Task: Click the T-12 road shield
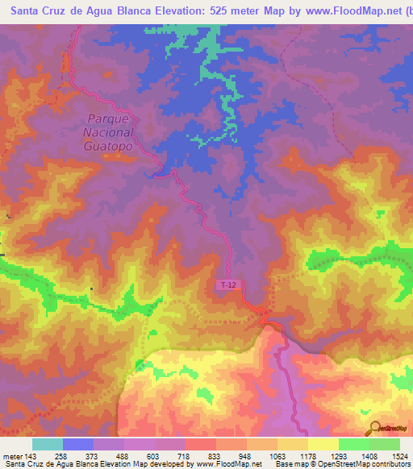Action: [x=227, y=285]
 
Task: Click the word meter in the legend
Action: [x=12, y=456]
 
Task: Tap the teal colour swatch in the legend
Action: [x=48, y=444]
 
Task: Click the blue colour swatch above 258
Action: [x=78, y=444]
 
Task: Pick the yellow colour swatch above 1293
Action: [x=323, y=444]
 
